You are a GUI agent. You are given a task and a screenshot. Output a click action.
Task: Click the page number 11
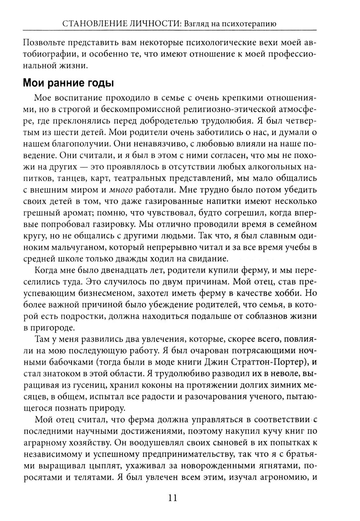172,498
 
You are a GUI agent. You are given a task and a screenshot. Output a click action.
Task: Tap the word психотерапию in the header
249,25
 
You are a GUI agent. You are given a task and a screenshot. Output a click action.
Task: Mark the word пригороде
53,328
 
